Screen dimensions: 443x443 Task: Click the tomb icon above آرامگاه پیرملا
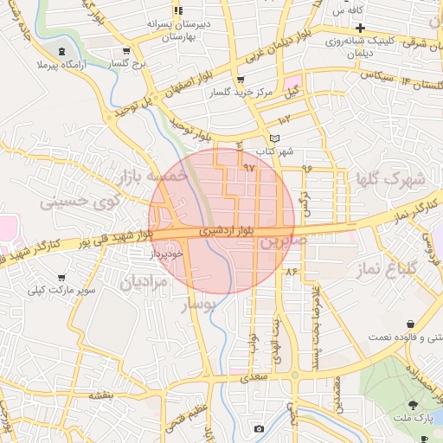(x=61, y=51)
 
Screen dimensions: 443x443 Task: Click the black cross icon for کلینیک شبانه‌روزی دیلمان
(x=359, y=29)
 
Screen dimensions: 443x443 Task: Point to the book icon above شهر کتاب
(x=275, y=138)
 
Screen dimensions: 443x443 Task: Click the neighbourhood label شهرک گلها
(x=390, y=179)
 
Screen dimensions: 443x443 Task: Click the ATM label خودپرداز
(x=167, y=254)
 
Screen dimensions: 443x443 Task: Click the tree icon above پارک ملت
(x=413, y=404)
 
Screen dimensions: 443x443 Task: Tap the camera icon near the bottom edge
(x=259, y=428)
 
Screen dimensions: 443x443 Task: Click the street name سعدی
(x=257, y=377)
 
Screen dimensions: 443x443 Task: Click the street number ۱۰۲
(x=285, y=117)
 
